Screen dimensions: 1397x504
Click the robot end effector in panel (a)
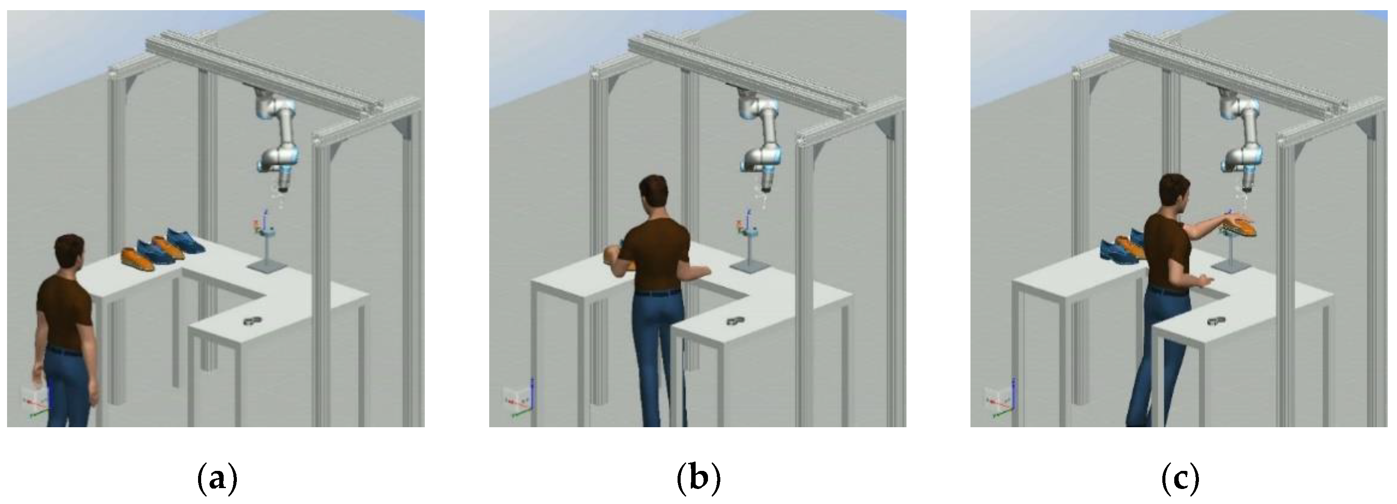pos(283,181)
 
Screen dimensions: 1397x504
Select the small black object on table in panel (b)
pos(735,321)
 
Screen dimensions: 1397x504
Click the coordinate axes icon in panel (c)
pos(1000,400)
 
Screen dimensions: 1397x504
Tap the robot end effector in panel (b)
pos(765,181)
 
